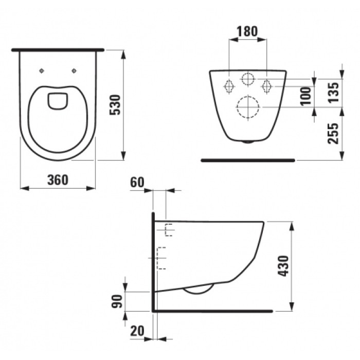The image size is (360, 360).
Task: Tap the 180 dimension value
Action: tap(247, 31)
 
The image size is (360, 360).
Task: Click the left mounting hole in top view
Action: tap(42, 70)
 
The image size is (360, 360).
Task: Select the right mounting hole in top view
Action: tap(75, 70)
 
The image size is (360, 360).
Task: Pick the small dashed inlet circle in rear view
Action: tap(248, 79)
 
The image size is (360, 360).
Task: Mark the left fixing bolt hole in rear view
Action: tap(228, 86)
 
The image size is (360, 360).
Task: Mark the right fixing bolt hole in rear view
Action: tap(267, 86)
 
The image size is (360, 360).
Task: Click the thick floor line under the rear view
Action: tap(248, 160)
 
